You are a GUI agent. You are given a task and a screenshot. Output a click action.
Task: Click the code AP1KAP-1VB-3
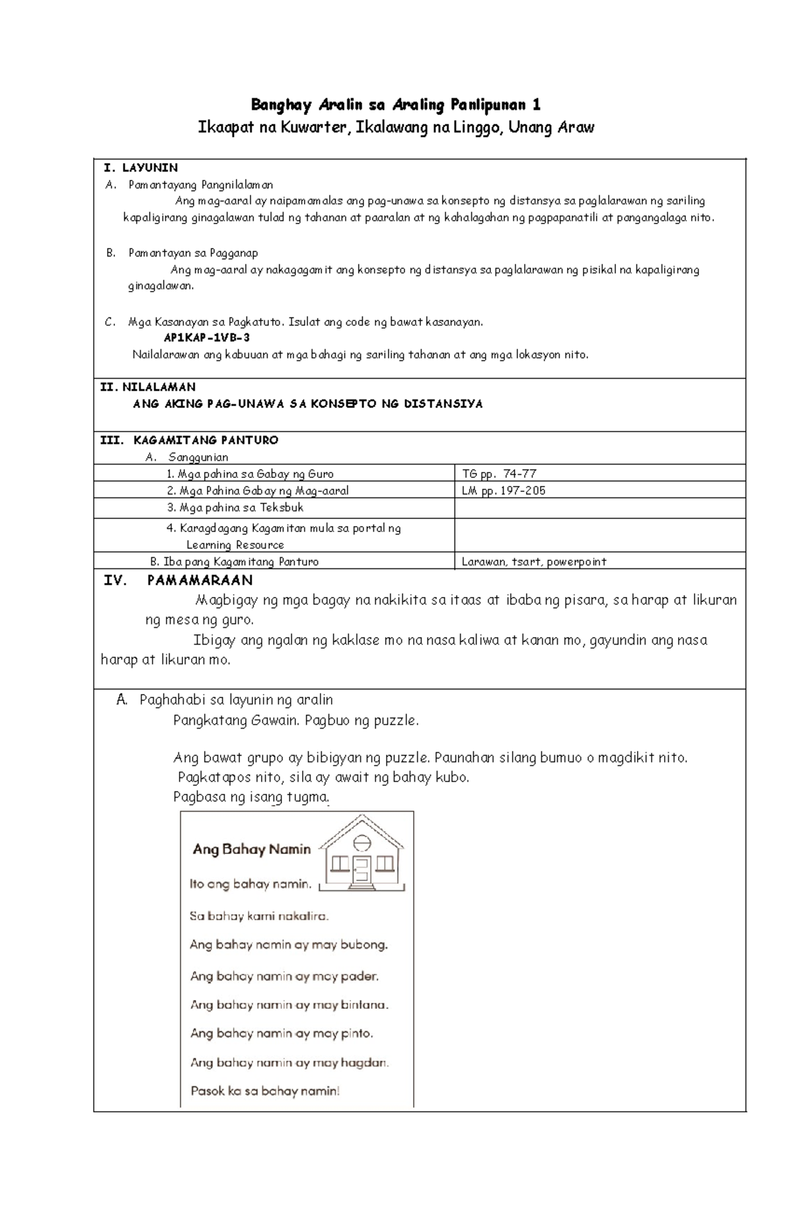[207, 337]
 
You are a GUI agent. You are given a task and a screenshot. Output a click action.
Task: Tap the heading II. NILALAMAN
[147, 387]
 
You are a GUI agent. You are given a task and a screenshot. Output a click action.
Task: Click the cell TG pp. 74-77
[499, 473]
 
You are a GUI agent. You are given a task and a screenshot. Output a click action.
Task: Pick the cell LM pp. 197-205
[504, 490]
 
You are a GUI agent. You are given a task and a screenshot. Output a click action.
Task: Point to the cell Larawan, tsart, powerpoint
[534, 561]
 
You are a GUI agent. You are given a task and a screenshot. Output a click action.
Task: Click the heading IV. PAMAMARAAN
[178, 580]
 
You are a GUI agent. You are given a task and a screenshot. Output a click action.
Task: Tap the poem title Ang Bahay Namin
[251, 849]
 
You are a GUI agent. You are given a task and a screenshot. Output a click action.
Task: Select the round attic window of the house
[361, 843]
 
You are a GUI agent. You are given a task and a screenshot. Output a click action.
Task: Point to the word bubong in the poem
[363, 945]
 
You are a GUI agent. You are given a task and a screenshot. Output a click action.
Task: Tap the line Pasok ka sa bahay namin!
[265, 1091]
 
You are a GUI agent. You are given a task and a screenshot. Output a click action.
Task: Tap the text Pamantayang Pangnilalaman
[200, 184]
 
